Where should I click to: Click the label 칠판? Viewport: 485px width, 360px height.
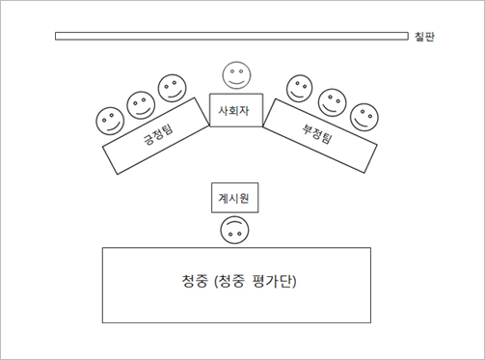(x=424, y=37)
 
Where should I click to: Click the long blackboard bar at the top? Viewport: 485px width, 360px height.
(x=231, y=37)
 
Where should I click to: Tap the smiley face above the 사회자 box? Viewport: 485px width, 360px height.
(x=236, y=73)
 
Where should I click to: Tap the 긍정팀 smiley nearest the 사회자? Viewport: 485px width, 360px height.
(x=173, y=88)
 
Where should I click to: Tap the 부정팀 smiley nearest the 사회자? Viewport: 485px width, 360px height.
(x=300, y=87)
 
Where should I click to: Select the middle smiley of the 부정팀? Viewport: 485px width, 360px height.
(x=332, y=101)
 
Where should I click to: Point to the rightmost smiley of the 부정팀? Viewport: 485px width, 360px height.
(x=363, y=117)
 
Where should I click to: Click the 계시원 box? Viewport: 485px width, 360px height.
(x=234, y=197)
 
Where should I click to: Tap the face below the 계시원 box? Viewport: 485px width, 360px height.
(x=234, y=231)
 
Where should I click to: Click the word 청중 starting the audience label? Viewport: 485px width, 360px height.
(x=194, y=283)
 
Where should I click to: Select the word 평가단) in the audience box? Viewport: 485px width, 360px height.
(x=274, y=283)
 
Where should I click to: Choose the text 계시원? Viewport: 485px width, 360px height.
(x=234, y=197)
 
